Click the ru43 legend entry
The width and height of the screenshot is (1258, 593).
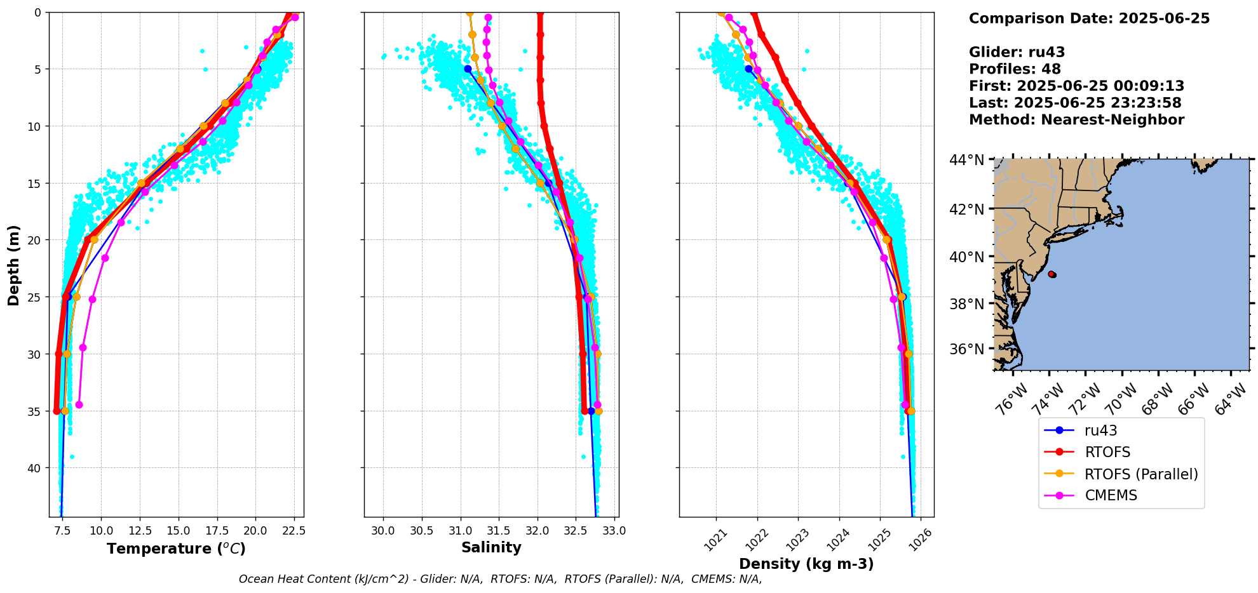[x=1100, y=430]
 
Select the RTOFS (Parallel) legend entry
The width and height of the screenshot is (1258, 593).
[x=1141, y=474]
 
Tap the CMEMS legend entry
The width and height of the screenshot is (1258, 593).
[x=1111, y=495]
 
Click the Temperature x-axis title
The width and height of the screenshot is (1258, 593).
[x=176, y=549]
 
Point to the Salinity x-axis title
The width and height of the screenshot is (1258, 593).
[x=491, y=547]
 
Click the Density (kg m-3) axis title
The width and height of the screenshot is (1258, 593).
[x=806, y=564]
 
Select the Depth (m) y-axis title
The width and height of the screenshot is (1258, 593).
[x=14, y=265]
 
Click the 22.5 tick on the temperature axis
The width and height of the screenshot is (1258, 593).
[x=294, y=530]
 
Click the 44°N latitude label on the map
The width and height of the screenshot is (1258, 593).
[x=966, y=160]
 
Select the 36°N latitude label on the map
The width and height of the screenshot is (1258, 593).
[x=966, y=349]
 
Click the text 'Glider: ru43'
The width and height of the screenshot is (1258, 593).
[x=1017, y=52]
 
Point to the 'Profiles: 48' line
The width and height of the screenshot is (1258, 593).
[x=1015, y=69]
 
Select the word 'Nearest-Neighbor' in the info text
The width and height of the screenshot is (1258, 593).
[x=1113, y=120]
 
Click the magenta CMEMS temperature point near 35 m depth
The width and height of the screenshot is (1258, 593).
[x=79, y=404]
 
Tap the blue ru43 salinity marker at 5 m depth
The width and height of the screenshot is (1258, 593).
[x=468, y=69]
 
